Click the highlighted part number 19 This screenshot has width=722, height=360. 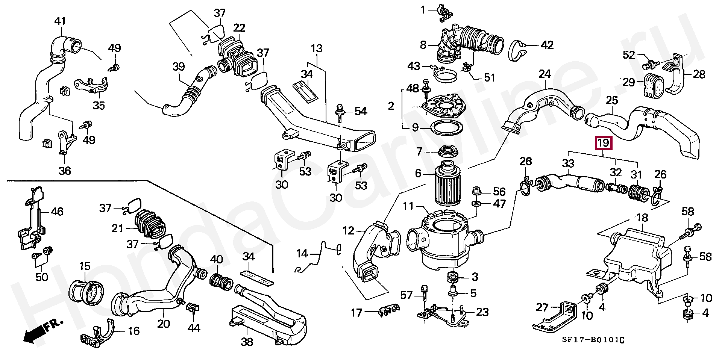(603, 143)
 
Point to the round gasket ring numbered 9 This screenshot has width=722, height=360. (446, 128)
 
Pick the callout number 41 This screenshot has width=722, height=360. (60, 21)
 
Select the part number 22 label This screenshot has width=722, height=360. (239, 28)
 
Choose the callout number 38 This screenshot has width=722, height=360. (247, 342)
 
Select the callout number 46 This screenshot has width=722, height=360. (57, 212)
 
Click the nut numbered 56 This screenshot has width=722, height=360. (476, 191)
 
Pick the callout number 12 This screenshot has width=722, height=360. (348, 230)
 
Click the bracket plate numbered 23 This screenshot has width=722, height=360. (442, 314)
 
